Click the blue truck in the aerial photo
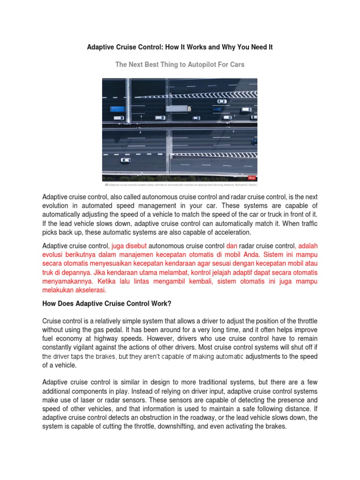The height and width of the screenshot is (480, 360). coord(117,109)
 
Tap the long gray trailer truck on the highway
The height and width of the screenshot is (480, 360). coord(179,108)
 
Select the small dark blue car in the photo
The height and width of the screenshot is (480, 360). coord(217,109)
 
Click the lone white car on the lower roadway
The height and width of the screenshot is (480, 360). coord(126,160)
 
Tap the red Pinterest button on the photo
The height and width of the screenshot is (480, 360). coord(252,178)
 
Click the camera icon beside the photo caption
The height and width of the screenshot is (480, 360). coord(106,185)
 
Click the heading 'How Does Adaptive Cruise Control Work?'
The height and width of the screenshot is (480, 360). coord(107,304)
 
